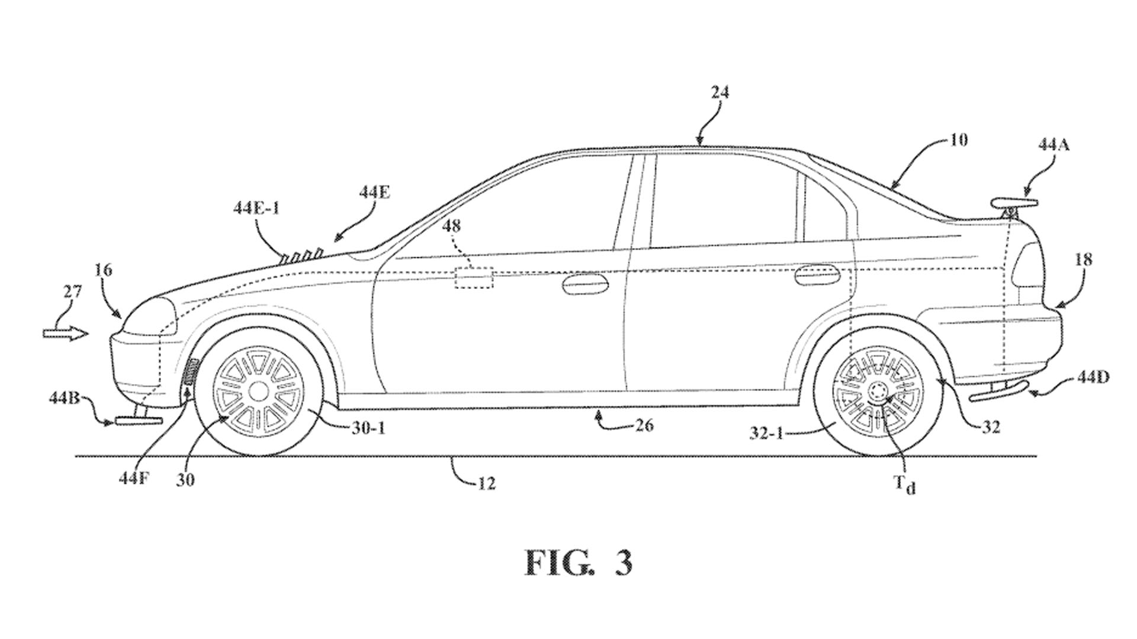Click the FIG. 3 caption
pyautogui.click(x=579, y=563)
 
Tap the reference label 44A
pyautogui.click(x=1053, y=144)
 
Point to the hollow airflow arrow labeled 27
pyautogui.click(x=65, y=333)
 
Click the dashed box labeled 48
pyautogui.click(x=474, y=278)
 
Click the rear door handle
pyautogui.click(x=818, y=274)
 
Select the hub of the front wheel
pyautogui.click(x=258, y=391)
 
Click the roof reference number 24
pyautogui.click(x=720, y=92)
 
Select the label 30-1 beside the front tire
pyautogui.click(x=368, y=428)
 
